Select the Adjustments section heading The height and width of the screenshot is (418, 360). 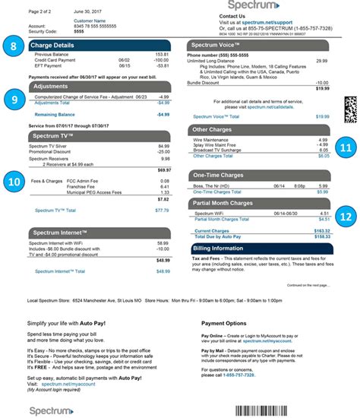pos(53,87)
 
